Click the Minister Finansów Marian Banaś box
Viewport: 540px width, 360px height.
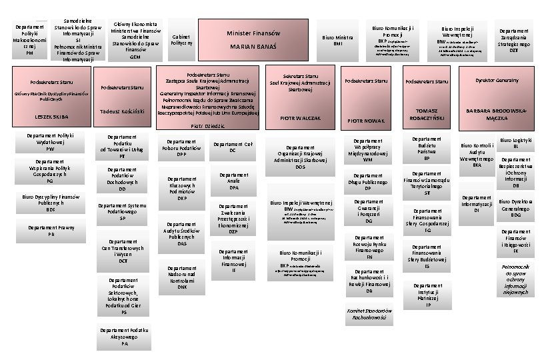pos(253,40)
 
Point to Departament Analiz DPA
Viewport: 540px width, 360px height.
pos(233,181)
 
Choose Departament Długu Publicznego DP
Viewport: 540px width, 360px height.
pos(367,183)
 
